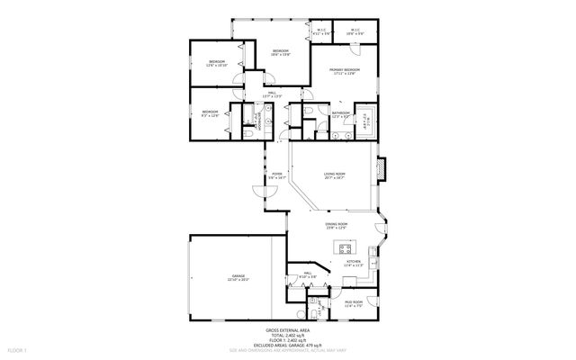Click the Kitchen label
coord(354,264)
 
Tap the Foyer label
coord(276,175)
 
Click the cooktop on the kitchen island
coord(343,247)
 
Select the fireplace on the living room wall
coord(382,168)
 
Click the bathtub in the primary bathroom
coord(365,119)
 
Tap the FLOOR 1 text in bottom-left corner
coord(18,349)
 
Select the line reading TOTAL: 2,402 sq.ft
coord(288,336)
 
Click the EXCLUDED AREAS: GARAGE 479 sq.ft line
coord(288,345)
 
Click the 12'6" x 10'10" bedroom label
coord(216,64)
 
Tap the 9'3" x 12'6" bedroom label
coord(209,113)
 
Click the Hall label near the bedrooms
coord(271,94)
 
